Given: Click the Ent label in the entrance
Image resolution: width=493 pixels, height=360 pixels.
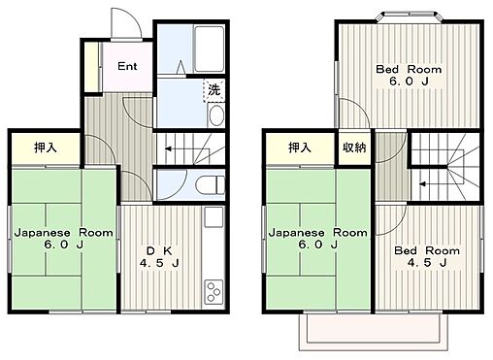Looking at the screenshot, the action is click(x=127, y=66).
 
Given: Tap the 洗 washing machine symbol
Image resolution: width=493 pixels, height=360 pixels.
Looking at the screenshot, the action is click(x=214, y=90).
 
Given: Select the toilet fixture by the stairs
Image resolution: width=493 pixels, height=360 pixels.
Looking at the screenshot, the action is click(x=211, y=185).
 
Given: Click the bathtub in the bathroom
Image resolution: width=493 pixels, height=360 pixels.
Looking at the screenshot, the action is click(x=209, y=49).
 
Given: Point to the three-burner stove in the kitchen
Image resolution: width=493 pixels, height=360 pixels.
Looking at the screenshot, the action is click(x=214, y=291).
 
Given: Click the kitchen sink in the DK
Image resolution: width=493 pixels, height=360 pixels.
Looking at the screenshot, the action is click(x=214, y=217).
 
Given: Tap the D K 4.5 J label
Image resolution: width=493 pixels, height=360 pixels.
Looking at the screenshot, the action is click(x=159, y=257).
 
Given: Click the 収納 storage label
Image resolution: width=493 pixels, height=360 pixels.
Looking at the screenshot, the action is click(x=354, y=147).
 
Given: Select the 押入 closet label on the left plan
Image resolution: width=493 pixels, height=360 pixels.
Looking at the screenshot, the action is click(x=46, y=147).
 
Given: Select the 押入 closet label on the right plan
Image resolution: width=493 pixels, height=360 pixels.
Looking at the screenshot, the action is click(x=300, y=147).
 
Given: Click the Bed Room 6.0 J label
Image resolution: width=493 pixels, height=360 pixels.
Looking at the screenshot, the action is click(x=409, y=75).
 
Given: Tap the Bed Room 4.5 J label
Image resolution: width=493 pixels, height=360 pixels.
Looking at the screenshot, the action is click(x=427, y=256).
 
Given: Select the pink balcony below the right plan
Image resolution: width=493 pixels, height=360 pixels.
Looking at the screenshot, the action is click(x=373, y=331).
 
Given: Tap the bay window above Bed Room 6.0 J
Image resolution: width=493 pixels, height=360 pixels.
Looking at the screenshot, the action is click(x=410, y=16).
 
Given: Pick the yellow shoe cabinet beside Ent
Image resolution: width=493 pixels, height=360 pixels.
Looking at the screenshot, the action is click(x=91, y=67).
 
